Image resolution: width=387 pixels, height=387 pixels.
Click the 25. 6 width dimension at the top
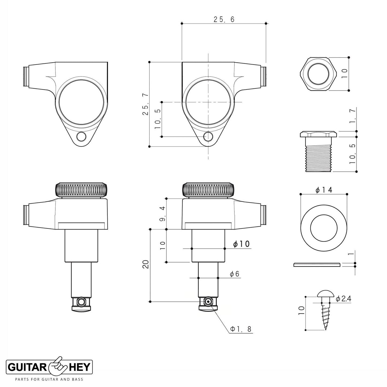(x=224, y=20)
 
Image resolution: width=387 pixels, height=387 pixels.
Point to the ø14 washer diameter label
(x=324, y=190)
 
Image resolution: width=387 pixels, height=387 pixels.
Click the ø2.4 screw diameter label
(x=343, y=305)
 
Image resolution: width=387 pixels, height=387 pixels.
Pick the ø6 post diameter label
(x=235, y=274)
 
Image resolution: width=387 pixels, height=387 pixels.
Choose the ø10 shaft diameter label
(x=241, y=244)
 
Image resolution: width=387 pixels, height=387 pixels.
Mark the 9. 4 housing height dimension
(x=162, y=213)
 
